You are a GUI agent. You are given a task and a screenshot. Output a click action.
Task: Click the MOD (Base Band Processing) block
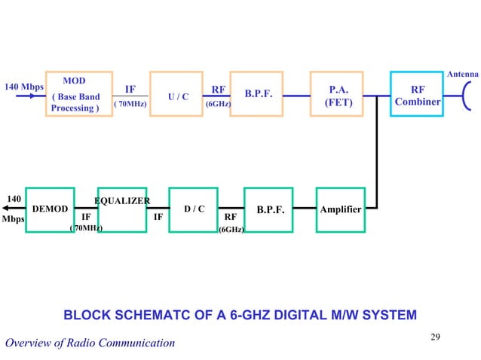75,94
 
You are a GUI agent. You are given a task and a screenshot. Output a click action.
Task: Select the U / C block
177,94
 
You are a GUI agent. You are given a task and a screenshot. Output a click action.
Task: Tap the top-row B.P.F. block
258,94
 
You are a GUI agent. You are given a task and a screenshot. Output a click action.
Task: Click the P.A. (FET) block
339,94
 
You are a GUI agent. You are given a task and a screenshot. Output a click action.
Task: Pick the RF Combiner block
416,94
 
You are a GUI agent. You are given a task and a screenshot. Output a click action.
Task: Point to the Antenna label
463,75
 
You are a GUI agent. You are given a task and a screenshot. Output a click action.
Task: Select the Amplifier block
340,209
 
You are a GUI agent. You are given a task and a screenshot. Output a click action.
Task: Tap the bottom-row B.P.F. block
270,209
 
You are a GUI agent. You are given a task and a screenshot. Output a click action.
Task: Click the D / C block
195,209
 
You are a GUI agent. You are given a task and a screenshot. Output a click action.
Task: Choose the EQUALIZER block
122,209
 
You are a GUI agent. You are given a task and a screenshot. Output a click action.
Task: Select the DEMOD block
51,209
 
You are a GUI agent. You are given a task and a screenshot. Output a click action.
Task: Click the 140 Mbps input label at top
25,87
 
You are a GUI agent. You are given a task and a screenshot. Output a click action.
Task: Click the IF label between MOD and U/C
130,89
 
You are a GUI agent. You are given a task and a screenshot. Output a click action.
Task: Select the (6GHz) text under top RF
218,105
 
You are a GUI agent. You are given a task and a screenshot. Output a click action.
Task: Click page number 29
435,336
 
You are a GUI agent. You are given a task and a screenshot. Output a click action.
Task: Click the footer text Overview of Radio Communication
90,343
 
